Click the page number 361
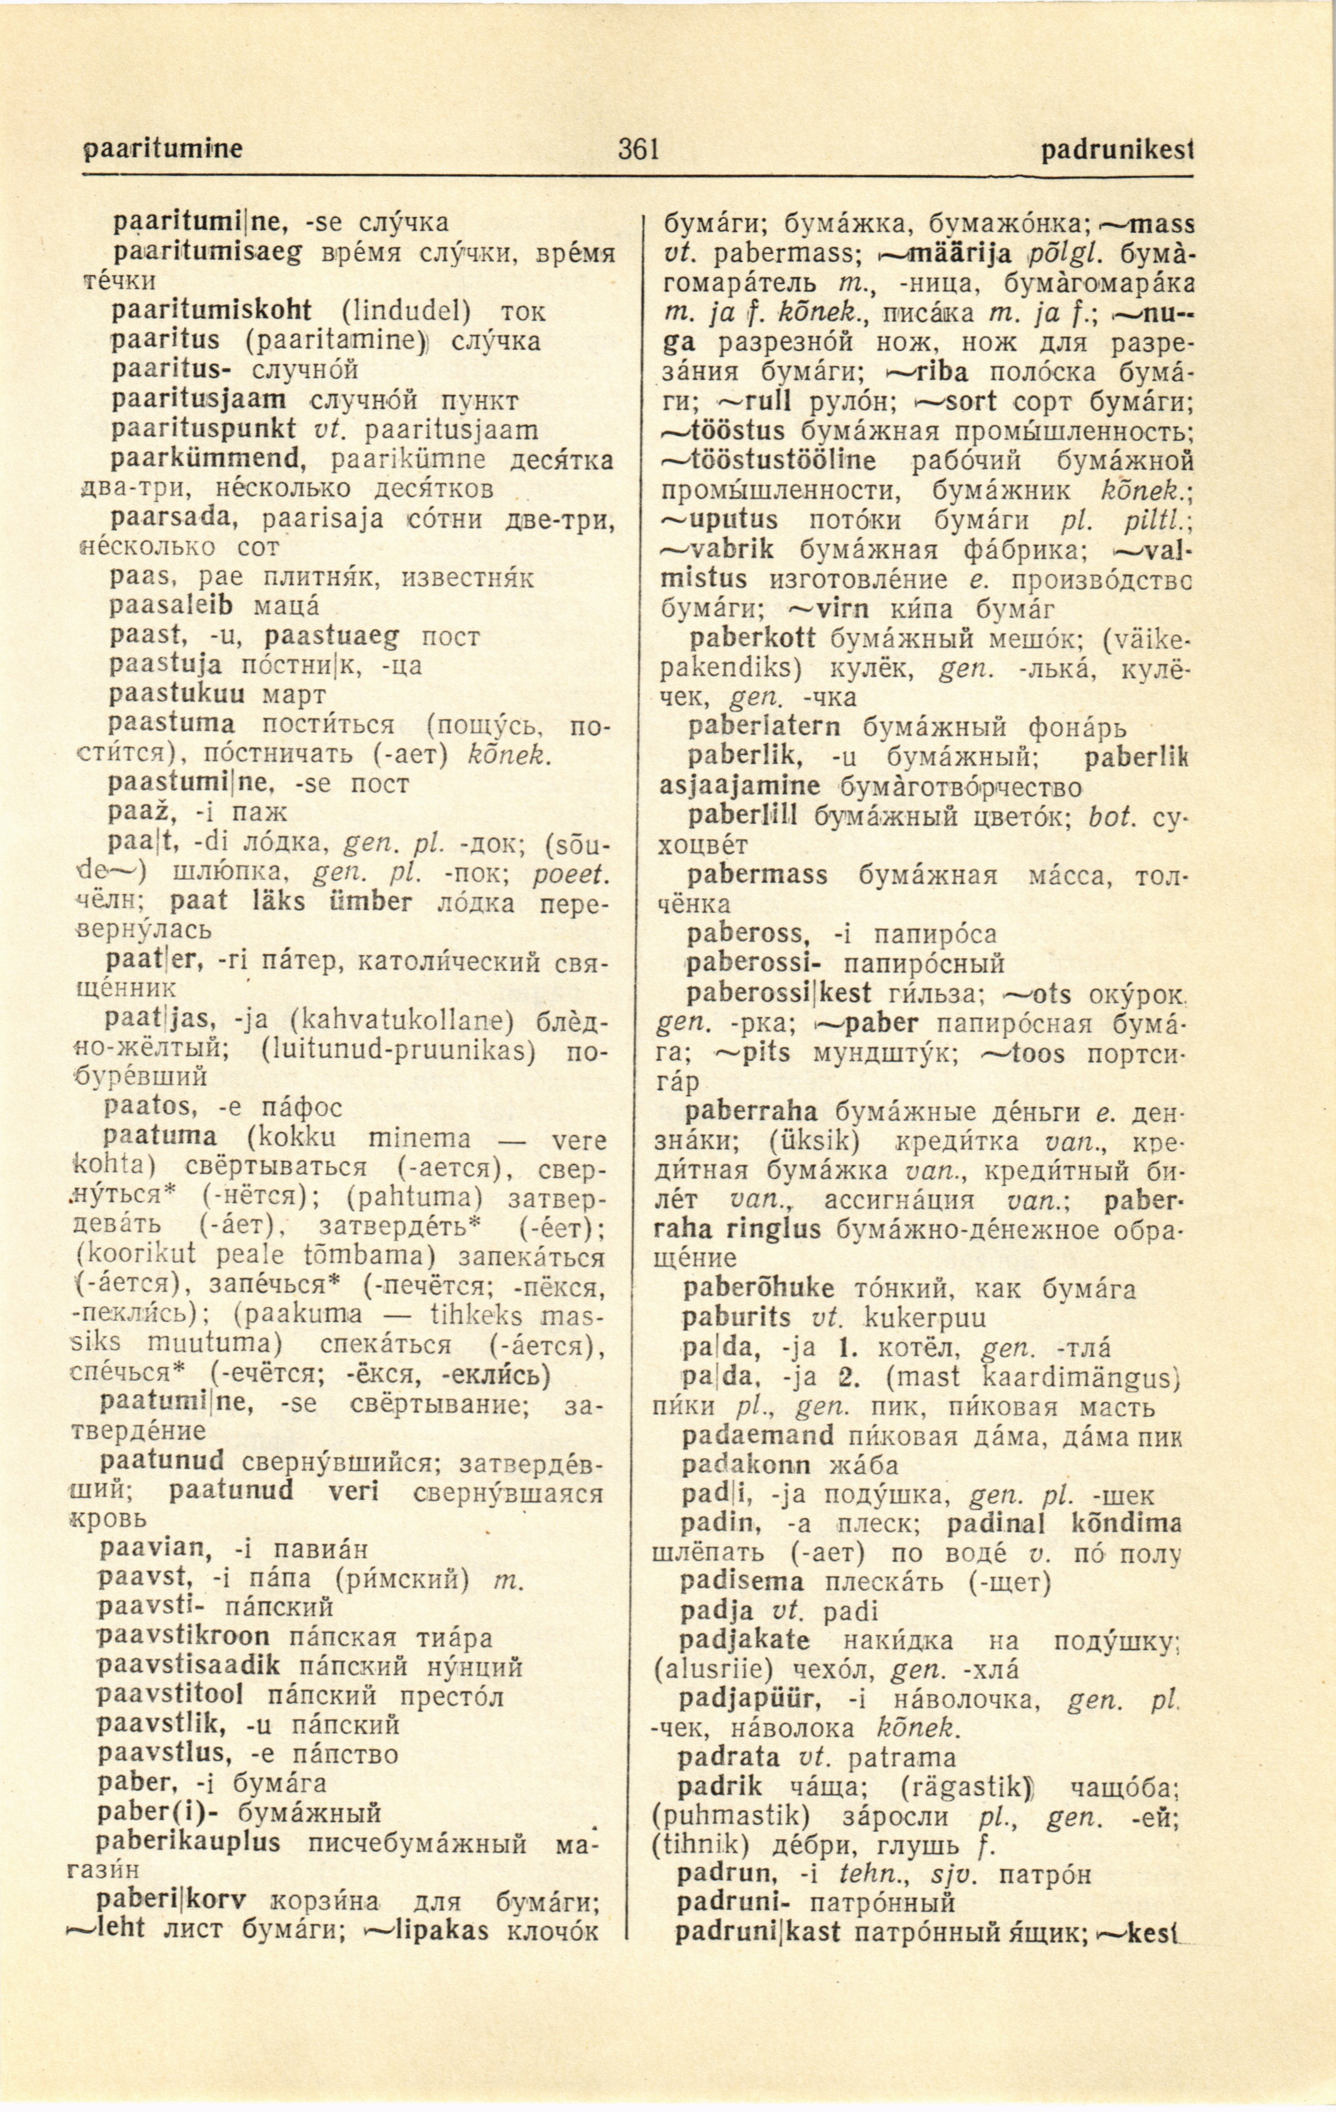638,151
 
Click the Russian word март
294,695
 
